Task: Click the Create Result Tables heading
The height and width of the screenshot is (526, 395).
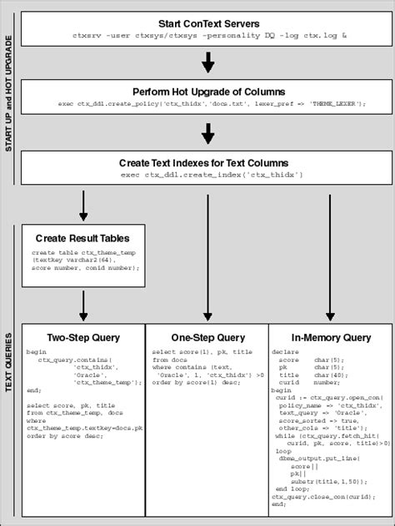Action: pos(82,238)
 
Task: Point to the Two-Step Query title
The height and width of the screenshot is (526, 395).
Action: pos(82,338)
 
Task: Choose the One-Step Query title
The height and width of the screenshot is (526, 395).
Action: pos(207,338)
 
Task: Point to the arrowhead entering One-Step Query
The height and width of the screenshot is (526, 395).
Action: pos(207,316)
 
